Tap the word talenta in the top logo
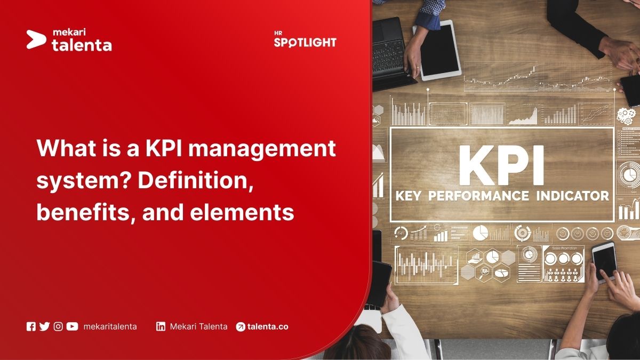(82, 45)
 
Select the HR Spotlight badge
(305, 39)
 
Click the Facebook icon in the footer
(31, 326)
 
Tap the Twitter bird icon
(44, 326)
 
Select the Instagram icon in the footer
(58, 326)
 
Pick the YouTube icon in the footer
(72, 326)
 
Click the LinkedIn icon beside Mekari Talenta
(161, 326)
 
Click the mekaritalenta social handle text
(110, 326)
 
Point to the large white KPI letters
(501, 163)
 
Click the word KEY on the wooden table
(409, 196)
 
